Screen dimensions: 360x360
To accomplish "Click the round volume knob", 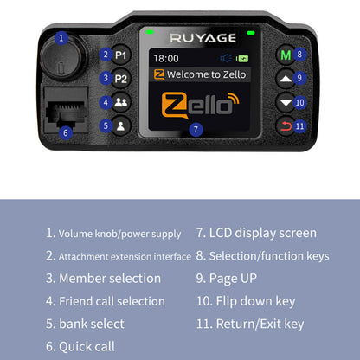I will click(59, 61).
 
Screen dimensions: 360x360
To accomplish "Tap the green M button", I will click(285, 55).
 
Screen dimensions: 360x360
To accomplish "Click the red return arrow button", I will click(285, 125).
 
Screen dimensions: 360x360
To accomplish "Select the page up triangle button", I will click(285, 78).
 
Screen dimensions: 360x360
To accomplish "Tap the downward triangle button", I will click(285, 102).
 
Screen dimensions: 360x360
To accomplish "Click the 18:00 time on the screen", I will click(166, 59).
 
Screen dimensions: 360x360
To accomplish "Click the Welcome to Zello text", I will click(205, 75).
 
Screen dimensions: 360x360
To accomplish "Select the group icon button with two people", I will click(121, 102).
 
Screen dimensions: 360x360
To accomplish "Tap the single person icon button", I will click(121, 125).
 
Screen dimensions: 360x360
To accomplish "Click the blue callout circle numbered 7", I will click(196, 130).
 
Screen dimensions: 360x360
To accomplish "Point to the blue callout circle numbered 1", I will click(61, 38).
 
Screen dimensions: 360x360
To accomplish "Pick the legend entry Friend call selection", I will click(112, 301).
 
